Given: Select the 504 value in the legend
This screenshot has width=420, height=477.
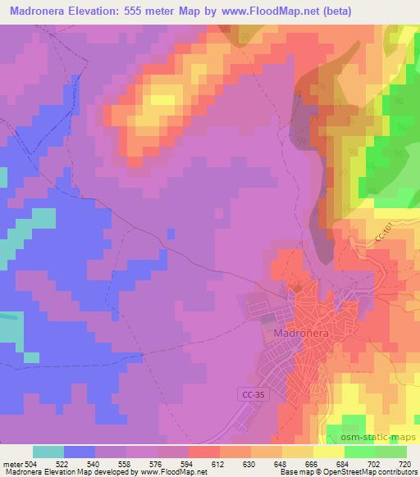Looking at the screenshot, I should coord(31,464).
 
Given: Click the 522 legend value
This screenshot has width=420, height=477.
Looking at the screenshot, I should coord(63,464).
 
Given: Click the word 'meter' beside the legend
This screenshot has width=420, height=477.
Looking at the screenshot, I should coord(11,464).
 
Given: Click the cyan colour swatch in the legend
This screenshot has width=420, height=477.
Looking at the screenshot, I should coord(48,452).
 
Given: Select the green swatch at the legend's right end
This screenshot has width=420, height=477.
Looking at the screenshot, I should coord(391,452).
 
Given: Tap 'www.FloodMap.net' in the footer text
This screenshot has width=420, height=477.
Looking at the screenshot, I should coord(171,472).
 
